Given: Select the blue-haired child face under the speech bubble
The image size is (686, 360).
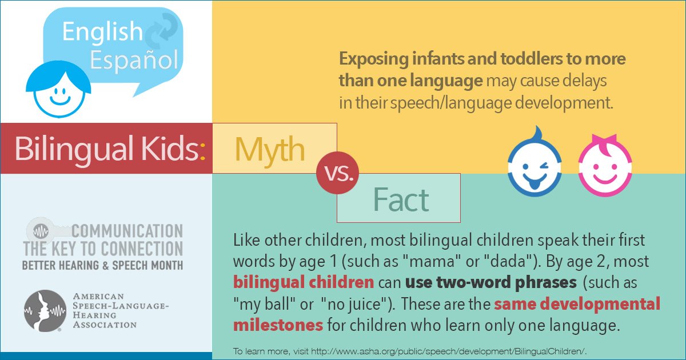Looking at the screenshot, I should pos(59,89).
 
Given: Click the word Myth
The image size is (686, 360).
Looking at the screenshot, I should pos(270,149).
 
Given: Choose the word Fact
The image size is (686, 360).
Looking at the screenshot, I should pos(400,199).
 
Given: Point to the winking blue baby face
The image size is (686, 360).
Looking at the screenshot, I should pos(534,167).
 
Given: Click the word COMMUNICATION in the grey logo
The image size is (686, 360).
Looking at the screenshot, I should pos(127,231).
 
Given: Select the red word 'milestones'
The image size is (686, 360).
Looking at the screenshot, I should pos(278,325).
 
